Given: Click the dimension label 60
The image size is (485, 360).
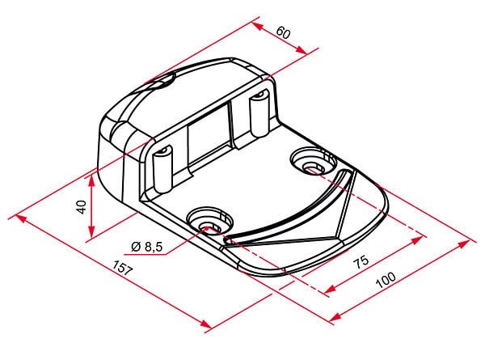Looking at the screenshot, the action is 284,32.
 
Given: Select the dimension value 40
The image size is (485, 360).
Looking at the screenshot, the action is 82,207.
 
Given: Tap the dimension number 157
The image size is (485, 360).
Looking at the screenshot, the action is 122,268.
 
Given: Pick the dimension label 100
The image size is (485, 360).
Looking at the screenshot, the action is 386,280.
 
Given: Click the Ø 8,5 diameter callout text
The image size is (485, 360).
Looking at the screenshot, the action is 146,247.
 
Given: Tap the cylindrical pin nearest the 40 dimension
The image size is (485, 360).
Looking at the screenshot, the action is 162,168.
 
